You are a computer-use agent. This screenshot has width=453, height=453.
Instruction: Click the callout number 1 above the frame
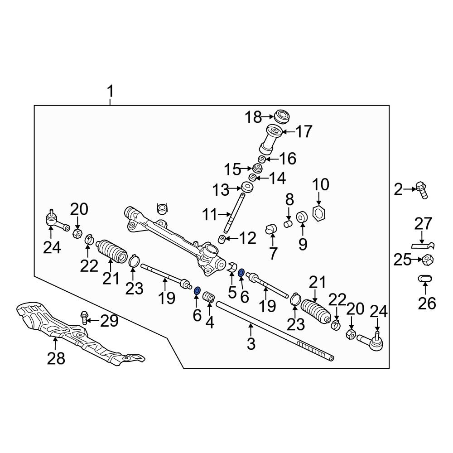click(111, 92)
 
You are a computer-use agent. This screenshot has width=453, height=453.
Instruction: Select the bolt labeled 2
click(422, 190)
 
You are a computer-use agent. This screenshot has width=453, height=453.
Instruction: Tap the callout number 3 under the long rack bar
click(251, 344)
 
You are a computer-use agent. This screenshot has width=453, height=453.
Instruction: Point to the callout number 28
click(56, 358)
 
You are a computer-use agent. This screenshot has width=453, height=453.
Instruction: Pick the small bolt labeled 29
click(84, 318)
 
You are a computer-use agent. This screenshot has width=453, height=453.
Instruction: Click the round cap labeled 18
click(282, 116)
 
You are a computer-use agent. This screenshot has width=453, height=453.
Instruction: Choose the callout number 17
click(304, 132)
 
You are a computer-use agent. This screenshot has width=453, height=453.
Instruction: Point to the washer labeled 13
click(247, 188)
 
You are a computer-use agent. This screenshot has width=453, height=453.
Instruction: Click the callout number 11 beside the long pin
click(209, 215)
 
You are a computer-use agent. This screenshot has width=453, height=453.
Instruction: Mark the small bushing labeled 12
click(222, 240)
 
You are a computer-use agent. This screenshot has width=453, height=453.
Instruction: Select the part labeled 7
click(271, 229)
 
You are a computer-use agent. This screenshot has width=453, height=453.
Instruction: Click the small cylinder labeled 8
click(288, 223)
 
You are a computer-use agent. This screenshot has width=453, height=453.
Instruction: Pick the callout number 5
click(232, 292)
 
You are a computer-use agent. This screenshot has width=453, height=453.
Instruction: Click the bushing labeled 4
click(209, 297)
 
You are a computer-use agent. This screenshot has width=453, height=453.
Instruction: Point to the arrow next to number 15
click(246, 168)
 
